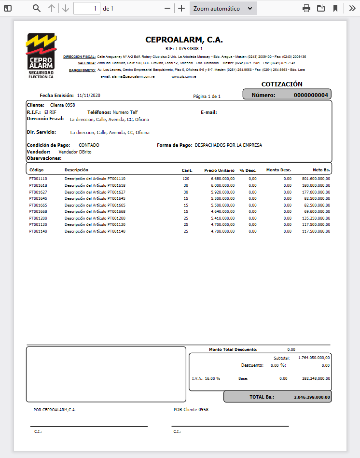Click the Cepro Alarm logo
(x=42, y=56)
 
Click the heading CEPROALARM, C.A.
(x=184, y=40)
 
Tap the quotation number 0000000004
(x=311, y=95)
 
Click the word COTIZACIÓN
(x=282, y=84)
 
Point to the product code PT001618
(x=38, y=185)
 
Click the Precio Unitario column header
(x=219, y=170)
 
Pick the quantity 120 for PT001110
(x=186, y=179)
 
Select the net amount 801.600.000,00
(x=313, y=179)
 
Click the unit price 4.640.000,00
(x=223, y=211)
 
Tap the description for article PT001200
(x=95, y=218)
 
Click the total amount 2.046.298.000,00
(x=312, y=397)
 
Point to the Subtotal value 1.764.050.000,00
(x=314, y=358)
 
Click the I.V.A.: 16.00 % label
(x=206, y=378)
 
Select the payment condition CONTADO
(x=89, y=145)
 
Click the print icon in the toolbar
(x=306, y=8)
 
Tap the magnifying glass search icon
(x=37, y=8)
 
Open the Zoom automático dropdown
(x=223, y=8)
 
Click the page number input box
(x=87, y=8)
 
